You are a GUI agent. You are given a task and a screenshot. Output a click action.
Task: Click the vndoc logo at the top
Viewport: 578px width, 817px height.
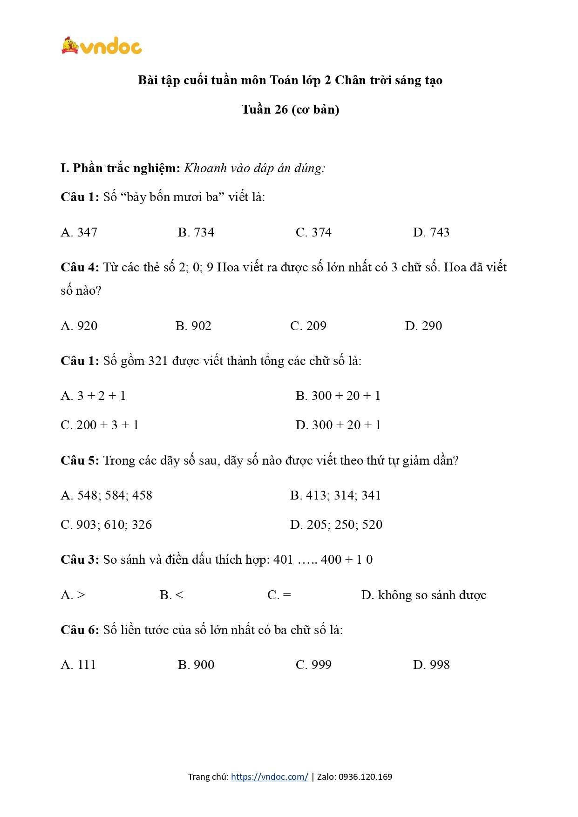102,46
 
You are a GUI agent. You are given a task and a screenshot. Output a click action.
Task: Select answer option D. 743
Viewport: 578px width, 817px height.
431,232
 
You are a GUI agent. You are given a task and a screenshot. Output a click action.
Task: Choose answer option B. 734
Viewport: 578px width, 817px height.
196,232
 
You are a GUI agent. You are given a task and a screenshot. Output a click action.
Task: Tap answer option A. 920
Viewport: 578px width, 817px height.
79,326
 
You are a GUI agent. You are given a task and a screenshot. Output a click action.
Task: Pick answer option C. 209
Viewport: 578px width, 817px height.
308,326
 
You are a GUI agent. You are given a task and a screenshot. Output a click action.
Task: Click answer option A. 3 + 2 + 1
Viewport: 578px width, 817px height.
93,396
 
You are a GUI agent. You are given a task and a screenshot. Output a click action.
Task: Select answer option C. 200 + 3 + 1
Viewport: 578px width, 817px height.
100,425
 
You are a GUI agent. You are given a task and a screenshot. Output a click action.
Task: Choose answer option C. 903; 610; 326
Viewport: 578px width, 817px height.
106,525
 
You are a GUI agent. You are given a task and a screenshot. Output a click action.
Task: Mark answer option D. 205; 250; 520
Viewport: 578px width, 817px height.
336,525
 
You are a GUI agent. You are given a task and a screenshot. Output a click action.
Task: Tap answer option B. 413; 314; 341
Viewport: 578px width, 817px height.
335,495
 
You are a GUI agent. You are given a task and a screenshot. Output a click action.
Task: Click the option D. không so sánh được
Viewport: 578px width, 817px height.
423,595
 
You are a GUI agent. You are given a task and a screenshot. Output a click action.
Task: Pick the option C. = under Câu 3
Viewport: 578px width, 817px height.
279,595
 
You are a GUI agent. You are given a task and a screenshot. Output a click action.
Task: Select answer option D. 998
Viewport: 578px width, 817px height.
431,665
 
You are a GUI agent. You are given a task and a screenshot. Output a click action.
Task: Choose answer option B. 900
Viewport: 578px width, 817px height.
196,665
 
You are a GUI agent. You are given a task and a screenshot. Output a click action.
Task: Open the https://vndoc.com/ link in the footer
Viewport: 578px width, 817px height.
269,776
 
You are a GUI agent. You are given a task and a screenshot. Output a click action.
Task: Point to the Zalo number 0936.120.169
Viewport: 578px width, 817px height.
365,776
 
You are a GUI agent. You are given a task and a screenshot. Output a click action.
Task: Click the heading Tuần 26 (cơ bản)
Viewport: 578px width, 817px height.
290,110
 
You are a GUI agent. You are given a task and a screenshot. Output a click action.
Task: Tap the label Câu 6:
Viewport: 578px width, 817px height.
80,630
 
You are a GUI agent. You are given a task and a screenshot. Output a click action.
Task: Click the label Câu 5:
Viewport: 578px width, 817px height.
80,460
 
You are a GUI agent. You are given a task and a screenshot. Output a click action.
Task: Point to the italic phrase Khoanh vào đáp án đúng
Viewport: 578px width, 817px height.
254,168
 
